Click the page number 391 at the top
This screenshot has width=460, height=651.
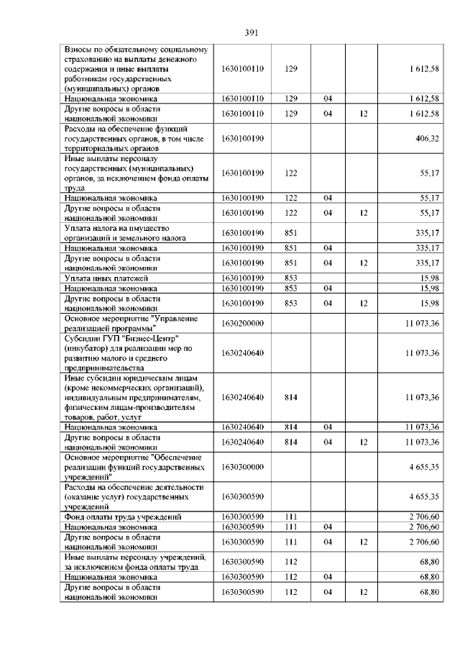(251, 32)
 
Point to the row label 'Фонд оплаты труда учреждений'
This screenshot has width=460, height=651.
(121, 516)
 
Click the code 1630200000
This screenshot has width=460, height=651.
(243, 323)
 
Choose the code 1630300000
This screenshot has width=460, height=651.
(243, 467)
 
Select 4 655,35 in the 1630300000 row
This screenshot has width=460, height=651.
(424, 467)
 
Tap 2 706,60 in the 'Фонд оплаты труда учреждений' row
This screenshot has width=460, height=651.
(424, 516)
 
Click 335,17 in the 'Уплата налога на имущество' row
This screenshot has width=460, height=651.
(427, 232)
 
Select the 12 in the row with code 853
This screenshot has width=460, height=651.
(364, 303)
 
